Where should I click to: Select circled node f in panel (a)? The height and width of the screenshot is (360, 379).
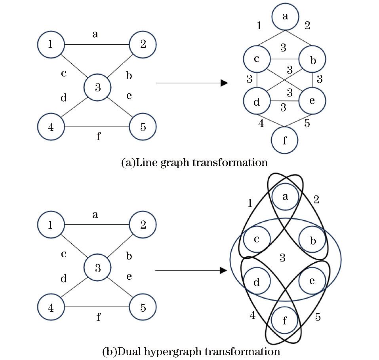(x=284, y=140)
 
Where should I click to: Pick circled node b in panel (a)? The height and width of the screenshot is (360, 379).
(x=312, y=59)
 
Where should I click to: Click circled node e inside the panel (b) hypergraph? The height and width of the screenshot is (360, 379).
(x=312, y=280)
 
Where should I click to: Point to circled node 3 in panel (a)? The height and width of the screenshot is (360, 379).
(x=97, y=87)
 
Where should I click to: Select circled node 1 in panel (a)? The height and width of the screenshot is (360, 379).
(x=51, y=44)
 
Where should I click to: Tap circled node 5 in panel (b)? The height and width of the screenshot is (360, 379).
(x=143, y=307)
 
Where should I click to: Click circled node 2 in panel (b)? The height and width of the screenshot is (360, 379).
(x=143, y=225)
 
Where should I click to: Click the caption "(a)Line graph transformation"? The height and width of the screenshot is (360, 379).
(x=194, y=163)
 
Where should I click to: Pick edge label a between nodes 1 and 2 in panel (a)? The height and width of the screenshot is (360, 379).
(x=95, y=34)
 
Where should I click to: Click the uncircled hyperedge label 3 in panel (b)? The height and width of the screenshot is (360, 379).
(x=282, y=258)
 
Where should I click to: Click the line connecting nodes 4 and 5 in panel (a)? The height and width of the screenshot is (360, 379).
(x=97, y=127)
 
